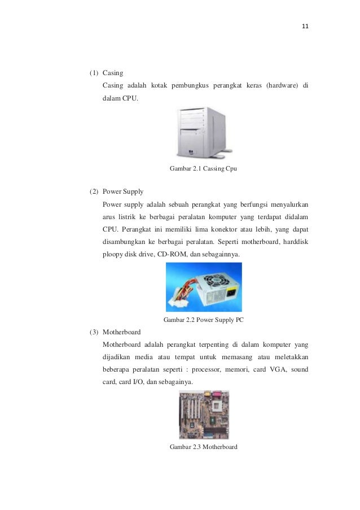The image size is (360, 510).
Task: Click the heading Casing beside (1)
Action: [113, 73]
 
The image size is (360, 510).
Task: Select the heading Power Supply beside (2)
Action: [122, 191]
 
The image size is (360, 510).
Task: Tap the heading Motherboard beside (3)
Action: [121, 332]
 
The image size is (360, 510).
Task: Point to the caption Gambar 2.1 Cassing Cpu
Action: [203, 168]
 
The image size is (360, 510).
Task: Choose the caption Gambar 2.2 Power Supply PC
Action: [203, 320]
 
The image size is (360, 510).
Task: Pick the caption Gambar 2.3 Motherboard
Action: [203, 447]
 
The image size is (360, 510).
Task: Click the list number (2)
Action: [94, 191]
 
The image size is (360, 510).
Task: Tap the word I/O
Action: [134, 382]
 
